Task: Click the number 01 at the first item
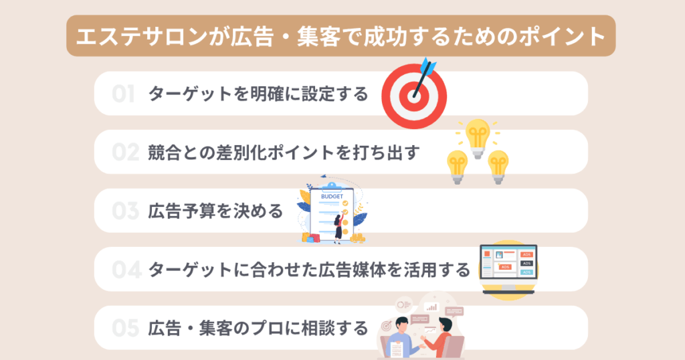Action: (123, 94)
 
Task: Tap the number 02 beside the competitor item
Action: (125, 153)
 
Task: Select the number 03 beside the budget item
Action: (125, 211)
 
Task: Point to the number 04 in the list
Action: (126, 270)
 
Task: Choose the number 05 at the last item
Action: (125, 328)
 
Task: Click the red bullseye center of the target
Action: (413, 96)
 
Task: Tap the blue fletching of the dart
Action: (428, 66)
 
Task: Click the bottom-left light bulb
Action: (458, 167)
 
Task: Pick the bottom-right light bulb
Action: (498, 167)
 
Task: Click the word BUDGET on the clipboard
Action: (332, 197)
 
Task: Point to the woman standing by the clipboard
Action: (338, 229)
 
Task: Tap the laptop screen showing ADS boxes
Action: (508, 262)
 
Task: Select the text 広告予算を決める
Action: (216, 211)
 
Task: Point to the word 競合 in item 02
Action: (165, 153)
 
